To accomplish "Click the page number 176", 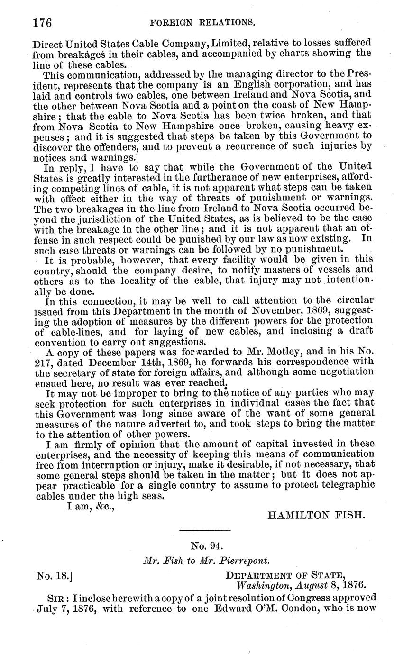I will [x=42, y=22].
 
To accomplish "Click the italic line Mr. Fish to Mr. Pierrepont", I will [x=206, y=560].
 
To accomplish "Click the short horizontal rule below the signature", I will [x=205, y=530].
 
